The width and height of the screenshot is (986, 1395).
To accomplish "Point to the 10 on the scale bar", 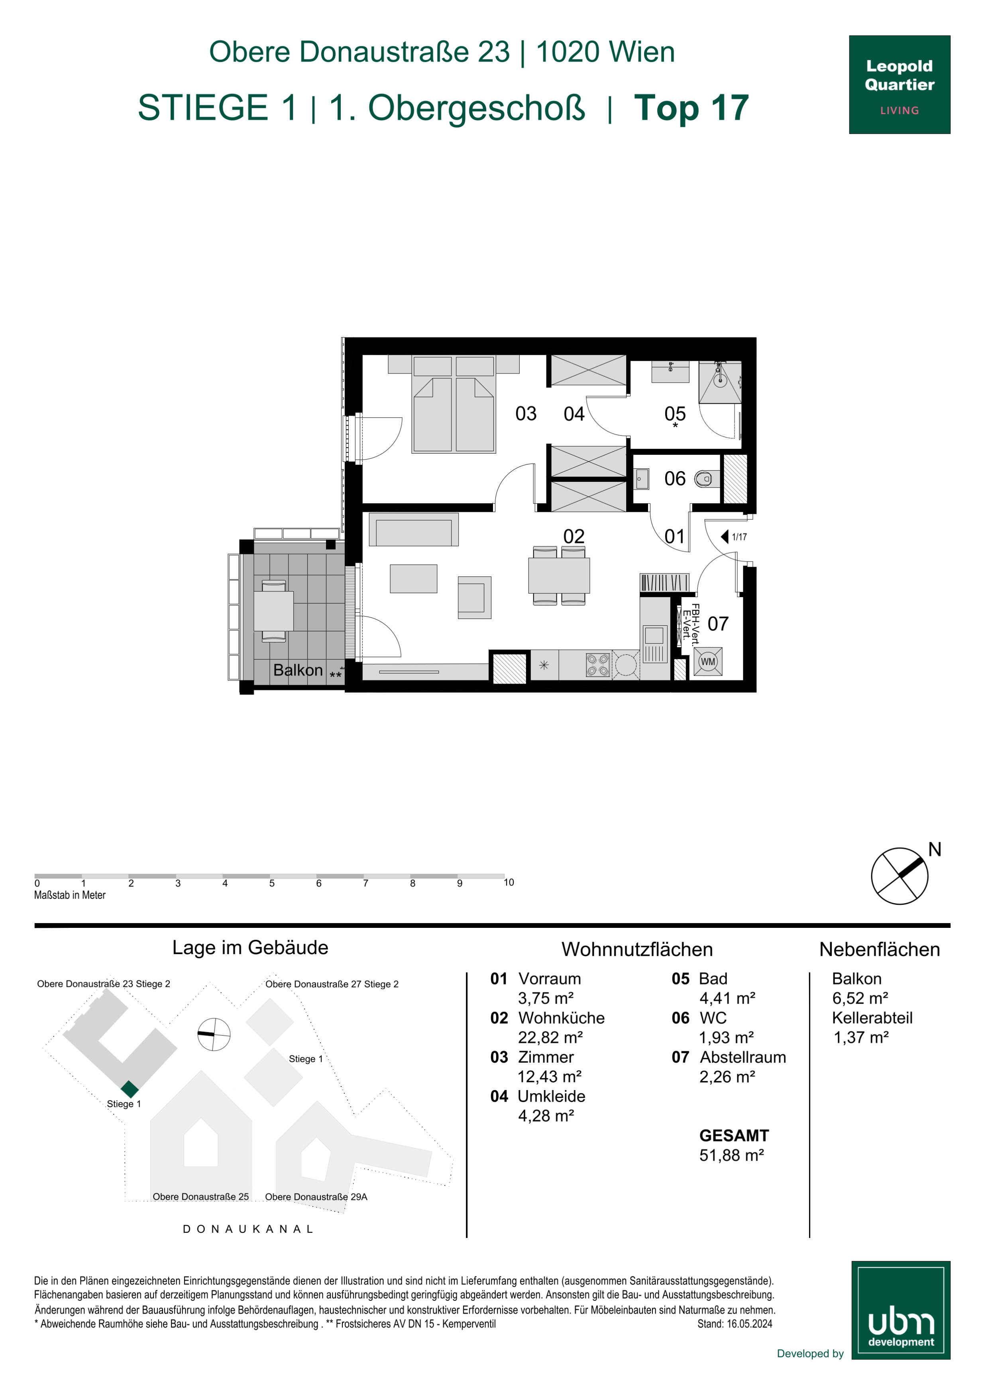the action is pos(509,882).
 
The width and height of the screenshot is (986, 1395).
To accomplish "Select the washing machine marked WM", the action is pos(708,662).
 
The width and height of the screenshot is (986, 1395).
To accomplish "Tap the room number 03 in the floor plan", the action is pos(526,414).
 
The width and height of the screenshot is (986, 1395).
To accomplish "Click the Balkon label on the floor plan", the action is pos(298,670).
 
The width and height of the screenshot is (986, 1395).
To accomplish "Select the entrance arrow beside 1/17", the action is pos(724,536).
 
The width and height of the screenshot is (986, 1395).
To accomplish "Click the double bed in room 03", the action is pos(453,405).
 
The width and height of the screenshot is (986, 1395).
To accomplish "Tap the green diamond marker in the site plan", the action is pos(130,1089).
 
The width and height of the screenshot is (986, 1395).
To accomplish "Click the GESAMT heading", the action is pos(734,1136).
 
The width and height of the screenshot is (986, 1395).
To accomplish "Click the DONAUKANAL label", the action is pos(248,1228).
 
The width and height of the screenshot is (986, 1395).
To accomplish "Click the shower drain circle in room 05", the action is pos(720,380).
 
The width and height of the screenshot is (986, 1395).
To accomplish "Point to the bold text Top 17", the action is pos(691,108).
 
